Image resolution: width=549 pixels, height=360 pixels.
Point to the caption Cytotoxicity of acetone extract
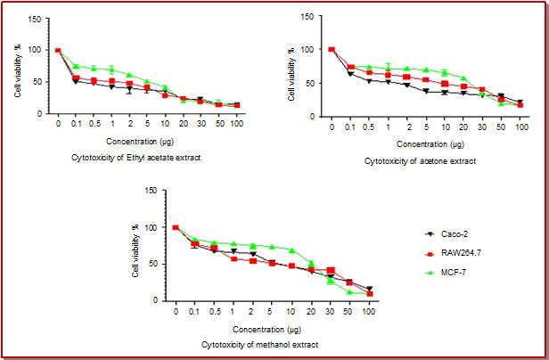(x=421, y=160)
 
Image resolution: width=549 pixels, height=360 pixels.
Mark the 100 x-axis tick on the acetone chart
(x=520, y=128)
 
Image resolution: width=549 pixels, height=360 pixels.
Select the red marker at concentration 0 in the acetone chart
(x=332, y=50)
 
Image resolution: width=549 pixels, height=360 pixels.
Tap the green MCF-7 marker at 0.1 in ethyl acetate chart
(x=76, y=66)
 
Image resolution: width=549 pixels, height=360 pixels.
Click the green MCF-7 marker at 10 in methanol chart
(x=291, y=250)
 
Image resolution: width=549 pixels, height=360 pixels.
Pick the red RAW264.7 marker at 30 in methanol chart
(x=331, y=269)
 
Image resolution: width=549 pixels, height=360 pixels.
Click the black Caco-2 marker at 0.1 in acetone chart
(x=351, y=74)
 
